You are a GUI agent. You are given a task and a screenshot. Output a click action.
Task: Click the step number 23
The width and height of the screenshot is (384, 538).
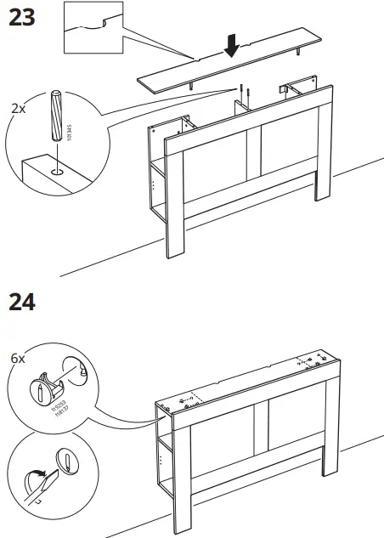[x=21, y=16]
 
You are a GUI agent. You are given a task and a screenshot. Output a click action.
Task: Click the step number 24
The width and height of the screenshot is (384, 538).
[x=21, y=302]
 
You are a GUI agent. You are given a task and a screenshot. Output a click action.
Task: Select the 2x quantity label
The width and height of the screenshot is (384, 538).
[x=18, y=110]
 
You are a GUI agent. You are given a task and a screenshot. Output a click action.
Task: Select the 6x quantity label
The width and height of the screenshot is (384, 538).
[x=18, y=359]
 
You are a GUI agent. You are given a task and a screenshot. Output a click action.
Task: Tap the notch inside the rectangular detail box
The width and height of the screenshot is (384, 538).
[x=103, y=20]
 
